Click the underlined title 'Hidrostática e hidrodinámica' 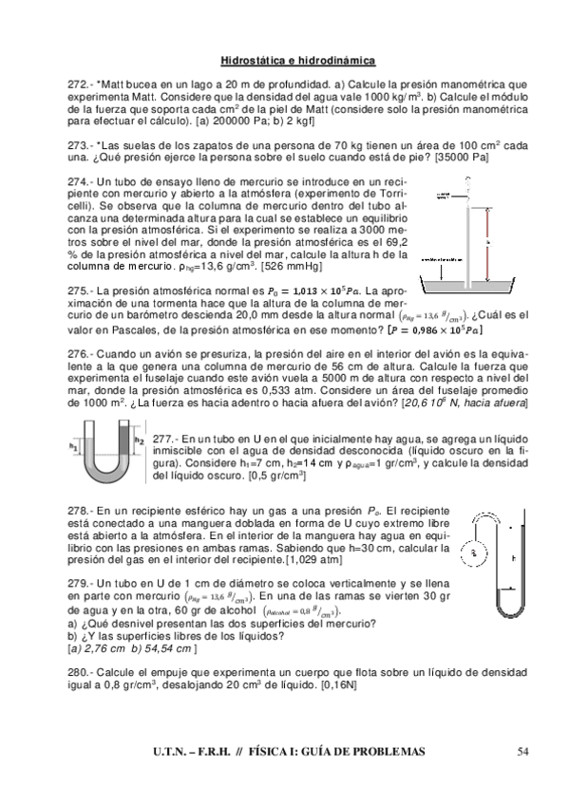[298, 60]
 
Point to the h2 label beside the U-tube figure [139, 440]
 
